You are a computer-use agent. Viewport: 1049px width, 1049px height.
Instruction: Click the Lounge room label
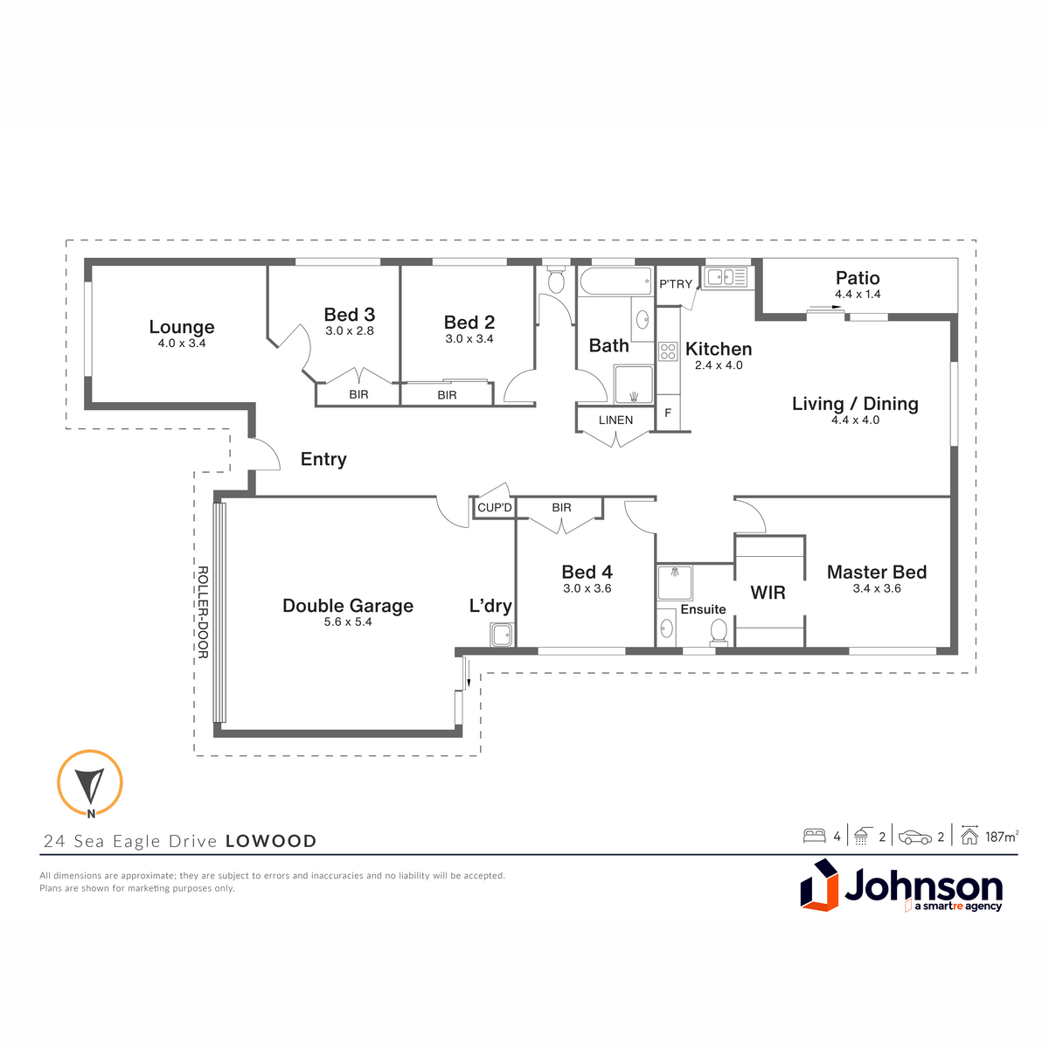point(182,327)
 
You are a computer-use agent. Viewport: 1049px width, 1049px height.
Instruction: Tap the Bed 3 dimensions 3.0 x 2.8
point(350,331)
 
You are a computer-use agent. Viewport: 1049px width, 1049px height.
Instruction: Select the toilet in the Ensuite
point(719,633)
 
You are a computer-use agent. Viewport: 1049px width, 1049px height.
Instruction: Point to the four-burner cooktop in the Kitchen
point(668,351)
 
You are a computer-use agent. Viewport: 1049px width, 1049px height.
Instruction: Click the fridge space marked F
point(668,412)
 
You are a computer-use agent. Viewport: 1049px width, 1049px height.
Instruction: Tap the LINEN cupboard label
point(615,420)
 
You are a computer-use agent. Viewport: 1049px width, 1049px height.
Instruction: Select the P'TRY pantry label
point(676,283)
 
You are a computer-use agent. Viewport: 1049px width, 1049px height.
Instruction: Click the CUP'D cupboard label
point(494,508)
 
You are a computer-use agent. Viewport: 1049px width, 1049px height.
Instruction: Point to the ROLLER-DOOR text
point(202,613)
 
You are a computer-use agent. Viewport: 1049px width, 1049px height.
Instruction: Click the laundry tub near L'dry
point(502,635)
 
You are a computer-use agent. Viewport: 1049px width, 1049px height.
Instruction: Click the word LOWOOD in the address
point(271,841)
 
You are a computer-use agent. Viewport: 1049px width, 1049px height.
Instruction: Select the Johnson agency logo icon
point(819,886)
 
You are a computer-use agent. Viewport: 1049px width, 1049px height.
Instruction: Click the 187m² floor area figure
point(1002,837)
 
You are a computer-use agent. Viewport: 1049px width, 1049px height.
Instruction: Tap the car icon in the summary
point(915,837)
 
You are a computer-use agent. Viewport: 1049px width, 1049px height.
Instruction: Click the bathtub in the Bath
point(615,281)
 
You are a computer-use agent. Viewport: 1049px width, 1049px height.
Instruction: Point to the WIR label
point(768,593)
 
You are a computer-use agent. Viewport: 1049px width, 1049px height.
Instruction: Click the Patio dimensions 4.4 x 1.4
point(858,294)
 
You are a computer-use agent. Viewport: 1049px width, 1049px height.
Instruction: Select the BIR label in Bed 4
point(561,507)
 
